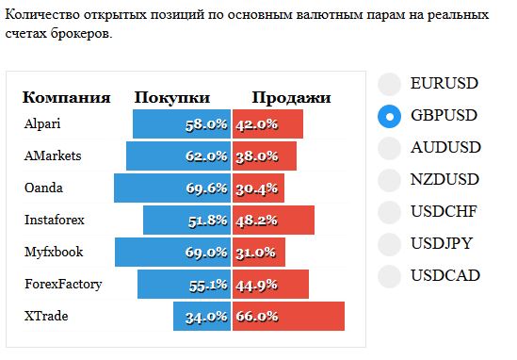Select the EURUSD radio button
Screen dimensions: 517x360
[390, 84]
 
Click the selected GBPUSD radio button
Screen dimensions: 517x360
[390, 116]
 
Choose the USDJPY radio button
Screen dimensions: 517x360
[390, 244]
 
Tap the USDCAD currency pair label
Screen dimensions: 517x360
[445, 275]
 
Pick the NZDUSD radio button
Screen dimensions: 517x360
[390, 180]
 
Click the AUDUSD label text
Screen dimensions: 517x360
[445, 147]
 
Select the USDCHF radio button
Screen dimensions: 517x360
[390, 212]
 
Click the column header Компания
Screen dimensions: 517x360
[66, 98]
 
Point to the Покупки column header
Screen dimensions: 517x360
[172, 98]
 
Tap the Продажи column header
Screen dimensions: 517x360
[292, 98]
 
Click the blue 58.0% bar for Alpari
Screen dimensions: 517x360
[182, 124]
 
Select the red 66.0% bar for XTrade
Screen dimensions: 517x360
[288, 316]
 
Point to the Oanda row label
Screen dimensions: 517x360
[43, 188]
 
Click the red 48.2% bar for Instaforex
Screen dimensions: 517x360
[273, 221]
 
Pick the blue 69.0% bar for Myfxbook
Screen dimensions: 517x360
[172, 253]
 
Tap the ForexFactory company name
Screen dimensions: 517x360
[63, 284]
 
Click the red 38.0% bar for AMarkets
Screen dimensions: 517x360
[265, 156]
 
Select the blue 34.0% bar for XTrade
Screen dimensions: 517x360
[202, 316]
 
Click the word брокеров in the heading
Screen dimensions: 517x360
[81, 34]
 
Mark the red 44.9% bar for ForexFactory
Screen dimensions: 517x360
[270, 284]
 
